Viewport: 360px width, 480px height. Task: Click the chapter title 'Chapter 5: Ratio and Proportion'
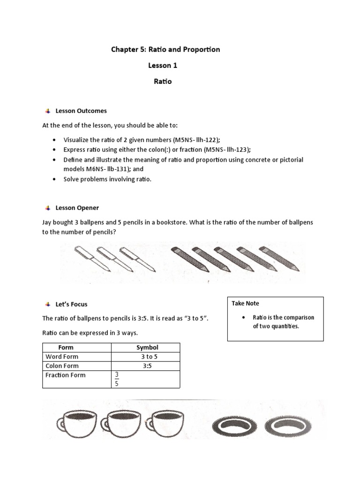pyautogui.click(x=165, y=49)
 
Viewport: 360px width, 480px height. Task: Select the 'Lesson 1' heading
pyautogui.click(x=163, y=65)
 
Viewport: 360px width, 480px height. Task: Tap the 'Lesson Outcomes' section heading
pyautogui.click(x=81, y=111)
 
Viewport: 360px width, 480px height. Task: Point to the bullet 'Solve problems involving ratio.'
pyautogui.click(x=108, y=180)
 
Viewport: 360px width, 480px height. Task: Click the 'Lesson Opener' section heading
pyautogui.click(x=77, y=208)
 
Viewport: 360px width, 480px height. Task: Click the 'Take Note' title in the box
pyautogui.click(x=245, y=303)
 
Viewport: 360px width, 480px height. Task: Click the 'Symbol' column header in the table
pyautogui.click(x=147, y=347)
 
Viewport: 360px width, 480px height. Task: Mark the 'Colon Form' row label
pyautogui.click(x=62, y=366)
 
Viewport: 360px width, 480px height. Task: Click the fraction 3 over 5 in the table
pyautogui.click(x=117, y=379)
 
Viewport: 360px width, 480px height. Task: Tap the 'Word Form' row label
pyautogui.click(x=61, y=357)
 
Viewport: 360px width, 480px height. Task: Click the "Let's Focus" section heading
pyautogui.click(x=71, y=304)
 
